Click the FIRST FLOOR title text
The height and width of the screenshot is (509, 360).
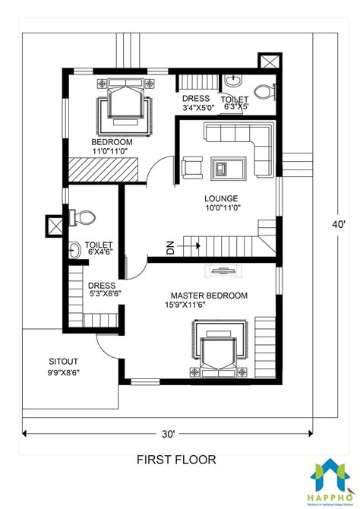175,459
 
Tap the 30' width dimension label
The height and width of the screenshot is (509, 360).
168,434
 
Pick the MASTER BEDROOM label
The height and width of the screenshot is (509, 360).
209,296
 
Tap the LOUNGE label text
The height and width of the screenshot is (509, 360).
221,199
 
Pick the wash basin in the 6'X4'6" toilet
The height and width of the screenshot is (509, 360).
75,248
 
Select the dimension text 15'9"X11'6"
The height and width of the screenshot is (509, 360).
209,306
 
